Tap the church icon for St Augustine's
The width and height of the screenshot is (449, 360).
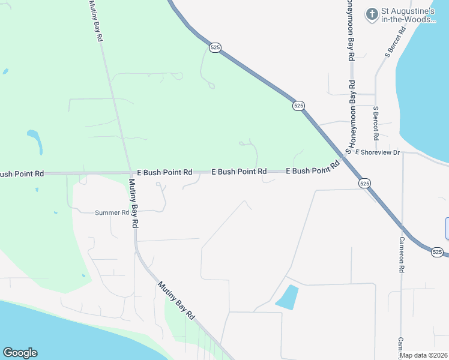372,13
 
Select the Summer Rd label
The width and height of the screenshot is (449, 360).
112,212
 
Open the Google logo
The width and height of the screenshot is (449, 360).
20,353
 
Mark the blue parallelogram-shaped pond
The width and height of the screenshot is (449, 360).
287,298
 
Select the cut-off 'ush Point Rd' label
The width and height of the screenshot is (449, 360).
22,174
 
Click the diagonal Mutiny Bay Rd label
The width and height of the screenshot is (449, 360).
176,300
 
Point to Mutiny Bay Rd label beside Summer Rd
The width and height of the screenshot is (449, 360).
134,203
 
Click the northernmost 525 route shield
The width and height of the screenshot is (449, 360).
215,47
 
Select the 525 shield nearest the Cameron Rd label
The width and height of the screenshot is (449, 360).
437,253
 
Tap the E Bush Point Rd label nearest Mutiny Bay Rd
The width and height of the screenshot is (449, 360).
164,172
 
